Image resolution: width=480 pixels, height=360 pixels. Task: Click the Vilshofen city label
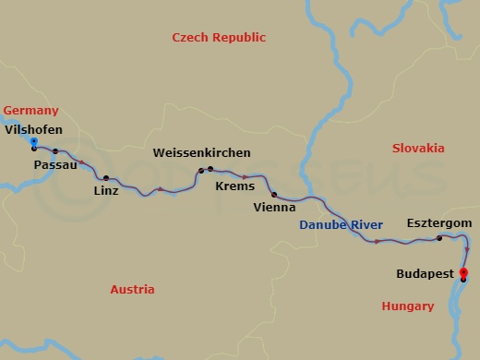pos(34,130)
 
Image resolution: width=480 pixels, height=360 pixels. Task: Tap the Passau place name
pos(54,164)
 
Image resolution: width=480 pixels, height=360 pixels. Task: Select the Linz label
pos(106,191)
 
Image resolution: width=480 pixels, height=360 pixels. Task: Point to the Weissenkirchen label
pos(201,152)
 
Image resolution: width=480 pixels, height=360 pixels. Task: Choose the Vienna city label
pos(274,208)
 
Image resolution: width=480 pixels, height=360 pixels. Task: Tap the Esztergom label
pos(439,223)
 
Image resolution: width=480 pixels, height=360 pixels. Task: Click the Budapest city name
pos(425,274)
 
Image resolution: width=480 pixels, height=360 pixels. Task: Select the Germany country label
pos(30,111)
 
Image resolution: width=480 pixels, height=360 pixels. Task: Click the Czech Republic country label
pos(219,38)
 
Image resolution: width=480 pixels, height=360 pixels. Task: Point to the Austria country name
pos(132,289)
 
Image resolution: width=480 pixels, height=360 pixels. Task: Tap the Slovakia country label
pos(418,148)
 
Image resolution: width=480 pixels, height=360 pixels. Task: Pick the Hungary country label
pos(407,306)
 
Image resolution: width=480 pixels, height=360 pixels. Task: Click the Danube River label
pos(341,225)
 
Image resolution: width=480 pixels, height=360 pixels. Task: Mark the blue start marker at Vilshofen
pos(33,141)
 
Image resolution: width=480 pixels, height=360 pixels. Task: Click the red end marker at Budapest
pos(463,272)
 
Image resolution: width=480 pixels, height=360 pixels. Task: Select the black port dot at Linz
pos(106,177)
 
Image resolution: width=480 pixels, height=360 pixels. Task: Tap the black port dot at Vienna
pos(274,194)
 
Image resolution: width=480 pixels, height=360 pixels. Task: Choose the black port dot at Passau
pos(55,151)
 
